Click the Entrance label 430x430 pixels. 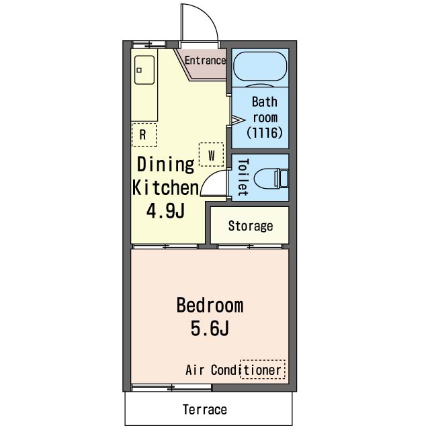[x=205, y=60]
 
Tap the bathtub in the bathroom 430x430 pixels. [x=260, y=67]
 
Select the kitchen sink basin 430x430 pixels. [x=144, y=70]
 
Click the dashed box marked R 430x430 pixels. [x=144, y=134]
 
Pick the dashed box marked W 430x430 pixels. [x=211, y=155]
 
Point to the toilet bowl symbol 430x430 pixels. [x=271, y=179]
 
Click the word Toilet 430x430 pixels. [x=243, y=177]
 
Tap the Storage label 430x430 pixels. [x=251, y=226]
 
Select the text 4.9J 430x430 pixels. [x=165, y=211]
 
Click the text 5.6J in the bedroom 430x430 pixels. [x=210, y=329]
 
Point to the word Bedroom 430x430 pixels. [x=210, y=305]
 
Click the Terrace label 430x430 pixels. [x=205, y=409]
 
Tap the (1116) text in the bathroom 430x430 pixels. [x=264, y=133]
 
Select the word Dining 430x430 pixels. [x=165, y=165]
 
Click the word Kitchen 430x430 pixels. [x=165, y=187]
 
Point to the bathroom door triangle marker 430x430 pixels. [x=238, y=120]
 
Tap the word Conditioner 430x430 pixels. [x=246, y=370]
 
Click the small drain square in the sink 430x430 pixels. [x=139, y=70]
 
